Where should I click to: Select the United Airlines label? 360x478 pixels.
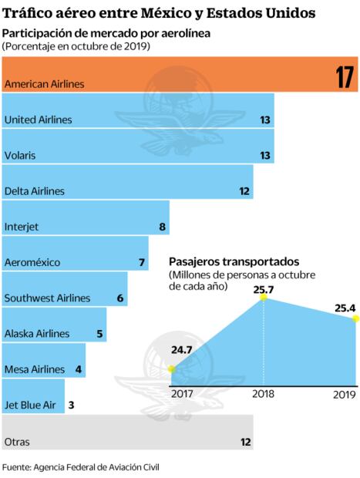38,119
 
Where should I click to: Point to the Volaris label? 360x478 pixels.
19,155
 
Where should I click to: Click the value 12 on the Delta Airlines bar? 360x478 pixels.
245,190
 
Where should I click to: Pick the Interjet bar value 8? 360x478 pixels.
162,227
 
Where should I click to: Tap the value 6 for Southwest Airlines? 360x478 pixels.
120,298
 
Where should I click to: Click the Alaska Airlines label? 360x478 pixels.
36,334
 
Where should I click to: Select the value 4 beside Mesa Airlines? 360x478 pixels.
79,369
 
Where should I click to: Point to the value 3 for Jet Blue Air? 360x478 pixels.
71,405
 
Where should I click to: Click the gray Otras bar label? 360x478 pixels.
18,442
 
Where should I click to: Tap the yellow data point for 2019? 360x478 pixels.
356,318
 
